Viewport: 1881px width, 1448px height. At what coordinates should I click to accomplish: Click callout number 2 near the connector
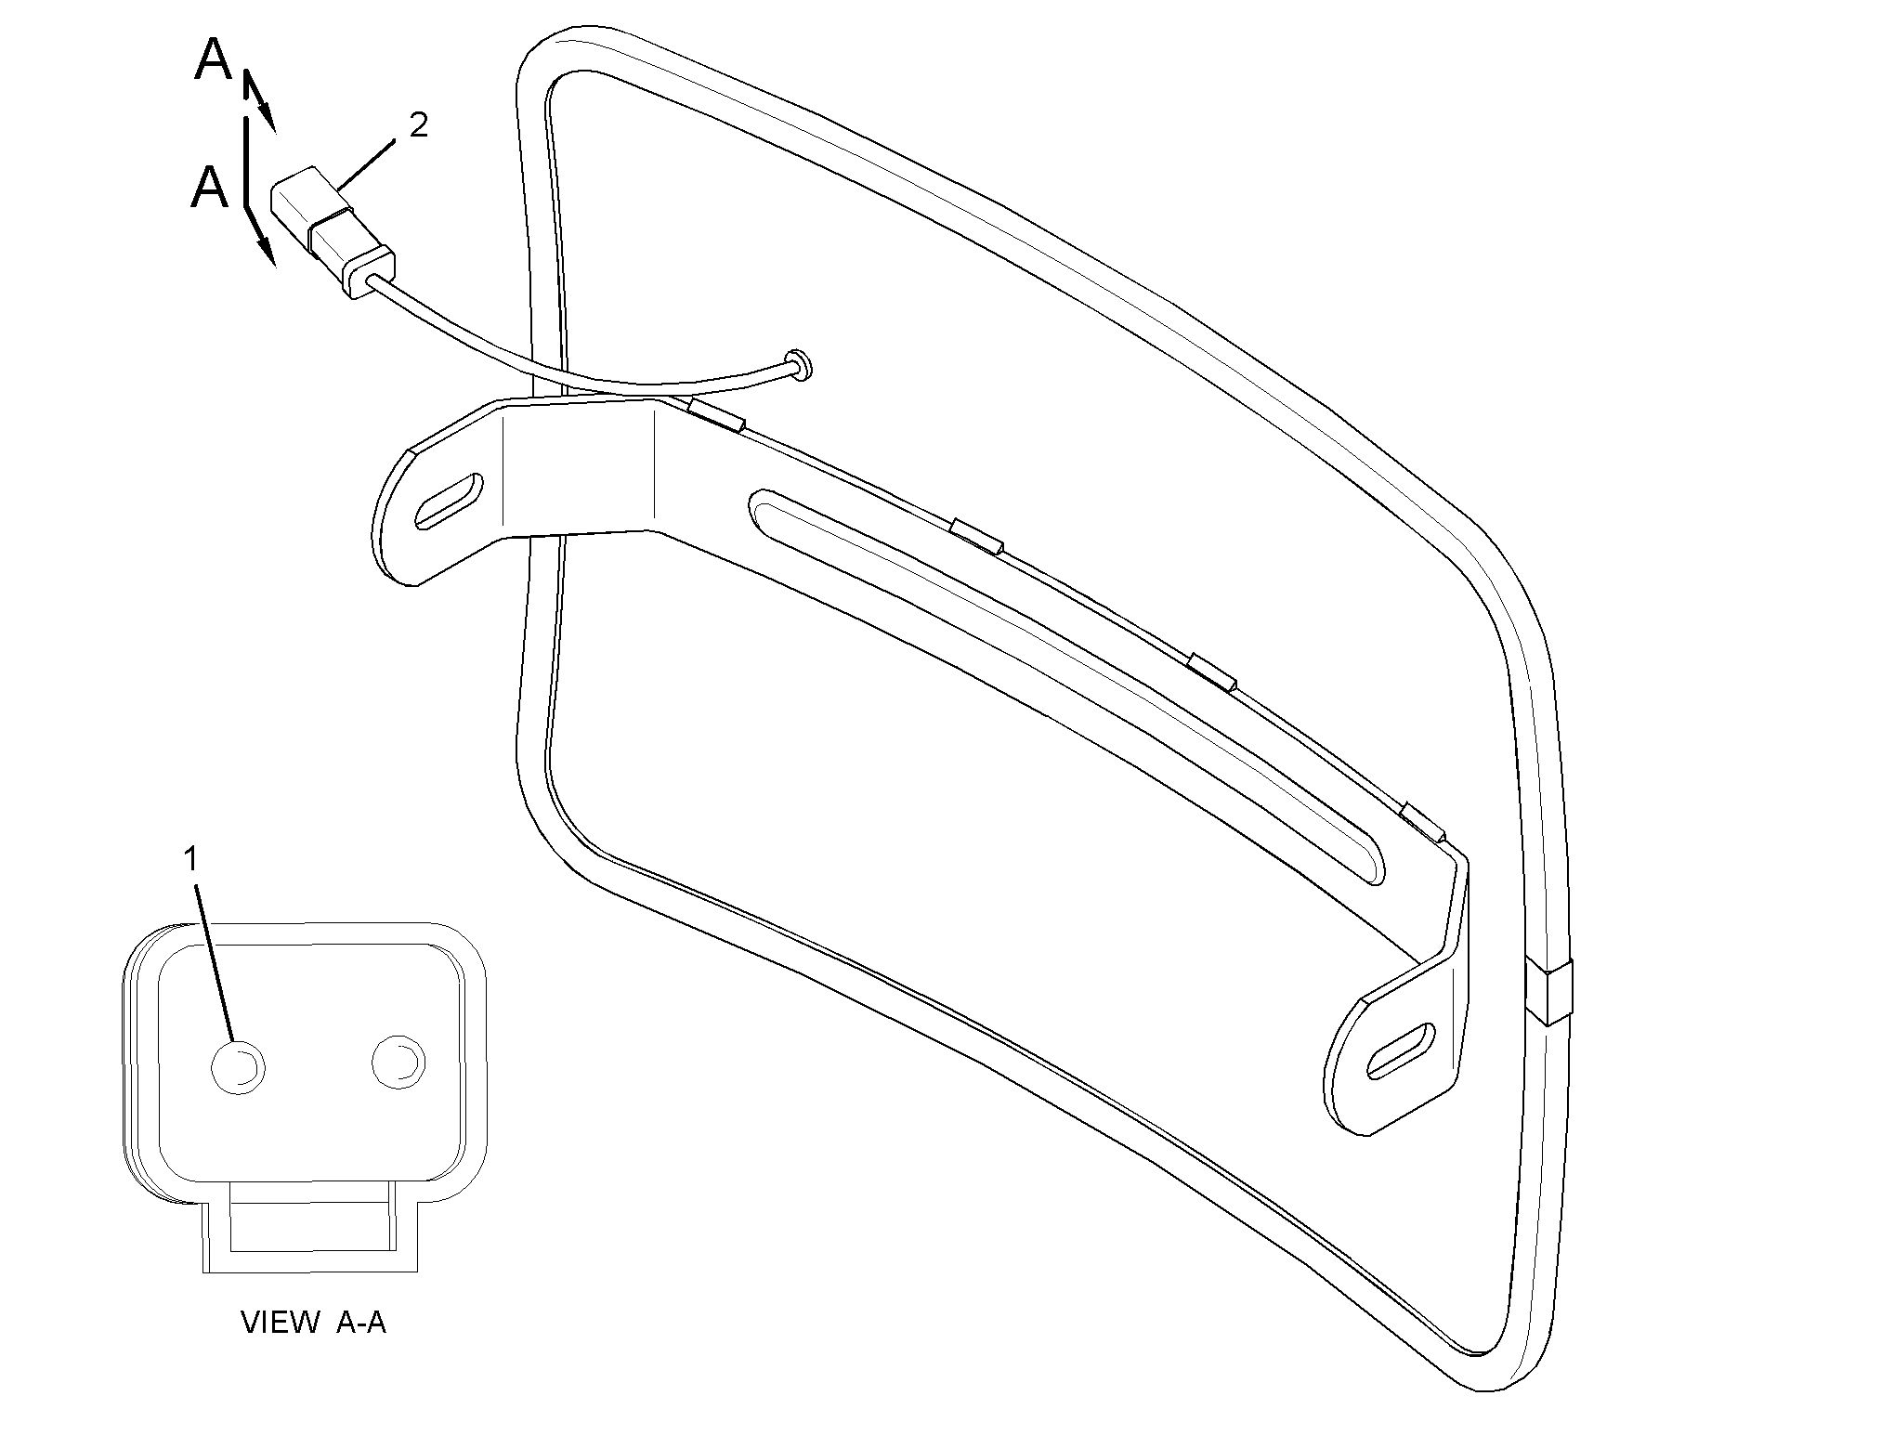[418, 124]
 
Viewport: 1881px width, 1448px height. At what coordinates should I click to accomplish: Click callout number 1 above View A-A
[190, 859]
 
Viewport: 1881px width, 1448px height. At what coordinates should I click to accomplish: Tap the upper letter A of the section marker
[214, 60]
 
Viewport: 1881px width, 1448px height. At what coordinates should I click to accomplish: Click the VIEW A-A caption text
[313, 1323]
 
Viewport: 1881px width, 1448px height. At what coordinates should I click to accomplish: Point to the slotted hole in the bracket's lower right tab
[1401, 1051]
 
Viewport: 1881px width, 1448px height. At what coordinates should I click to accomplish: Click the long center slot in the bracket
[1068, 685]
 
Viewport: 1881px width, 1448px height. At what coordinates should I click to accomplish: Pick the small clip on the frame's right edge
[1548, 992]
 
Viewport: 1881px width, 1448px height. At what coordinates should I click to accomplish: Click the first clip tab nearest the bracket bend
[716, 415]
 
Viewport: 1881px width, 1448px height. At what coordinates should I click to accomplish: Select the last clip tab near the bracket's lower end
[1422, 821]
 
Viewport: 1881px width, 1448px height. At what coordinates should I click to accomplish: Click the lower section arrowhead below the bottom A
[266, 249]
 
